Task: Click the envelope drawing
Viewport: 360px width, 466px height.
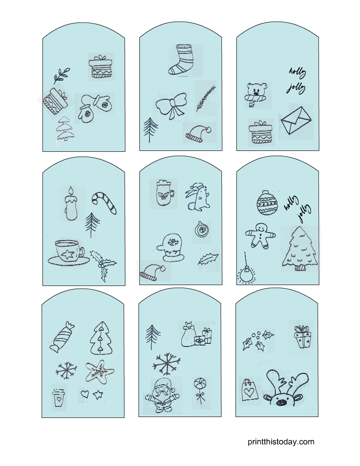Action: (x=296, y=120)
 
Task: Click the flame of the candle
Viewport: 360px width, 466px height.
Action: (x=71, y=191)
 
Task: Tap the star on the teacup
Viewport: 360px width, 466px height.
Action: (x=68, y=254)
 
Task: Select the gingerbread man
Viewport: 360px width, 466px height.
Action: (x=260, y=235)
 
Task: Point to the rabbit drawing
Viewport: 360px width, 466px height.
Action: (x=198, y=197)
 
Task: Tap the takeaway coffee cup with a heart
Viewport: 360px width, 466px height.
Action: (x=58, y=398)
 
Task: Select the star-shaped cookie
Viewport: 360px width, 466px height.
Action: (x=100, y=372)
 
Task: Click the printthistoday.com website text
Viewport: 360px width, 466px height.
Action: (x=281, y=442)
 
